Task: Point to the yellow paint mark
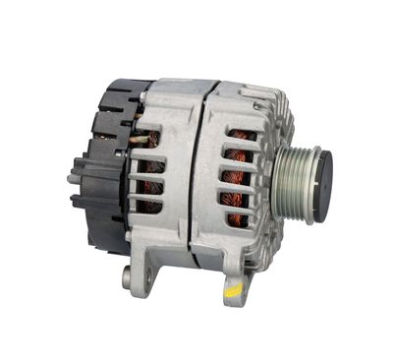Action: pyautogui.click(x=234, y=291)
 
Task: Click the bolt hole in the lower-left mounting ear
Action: pyautogui.click(x=128, y=277)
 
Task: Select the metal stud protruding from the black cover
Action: pyautogui.click(x=73, y=179)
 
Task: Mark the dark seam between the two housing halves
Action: pyautogui.click(x=196, y=177)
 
